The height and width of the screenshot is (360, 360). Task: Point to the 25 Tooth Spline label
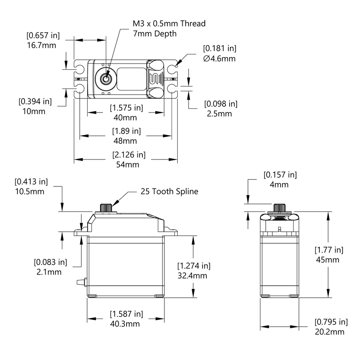point(169,191)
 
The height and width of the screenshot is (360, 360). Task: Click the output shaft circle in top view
point(106,78)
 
